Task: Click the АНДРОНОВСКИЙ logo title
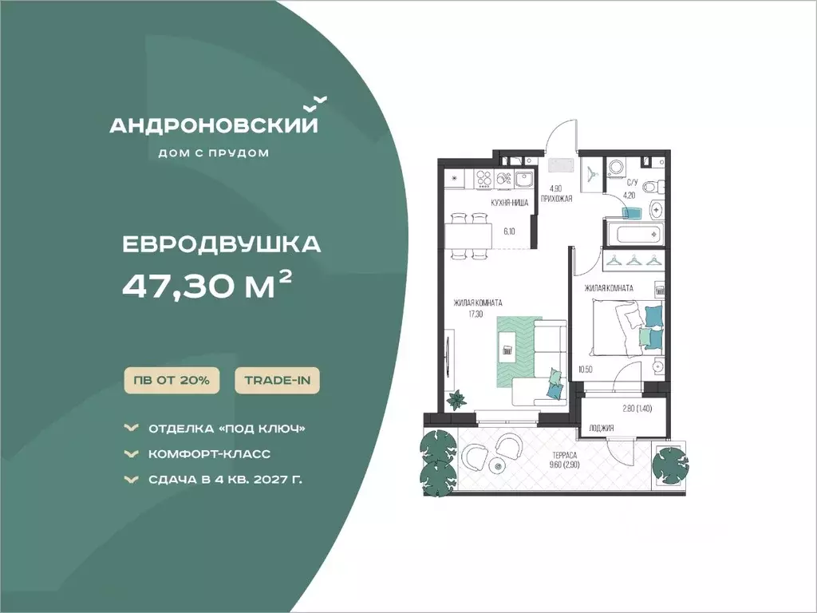point(214,125)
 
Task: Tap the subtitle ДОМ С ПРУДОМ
point(214,153)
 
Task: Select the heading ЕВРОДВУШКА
point(222,244)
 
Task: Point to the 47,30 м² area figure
point(207,285)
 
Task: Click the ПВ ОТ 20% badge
point(172,381)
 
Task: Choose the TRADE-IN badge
point(277,381)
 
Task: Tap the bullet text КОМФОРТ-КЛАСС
point(210,454)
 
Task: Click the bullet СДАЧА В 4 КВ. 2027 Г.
point(225,479)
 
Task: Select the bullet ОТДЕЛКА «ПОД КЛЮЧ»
point(227,429)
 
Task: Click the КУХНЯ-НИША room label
point(510,203)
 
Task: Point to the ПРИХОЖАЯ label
point(556,198)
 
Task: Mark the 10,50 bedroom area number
point(585,370)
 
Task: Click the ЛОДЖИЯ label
point(602,428)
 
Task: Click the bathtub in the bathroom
point(633,234)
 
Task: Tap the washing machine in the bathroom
point(616,168)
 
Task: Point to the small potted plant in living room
point(459,400)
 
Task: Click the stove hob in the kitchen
point(484,179)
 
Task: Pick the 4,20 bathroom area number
point(630,196)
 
